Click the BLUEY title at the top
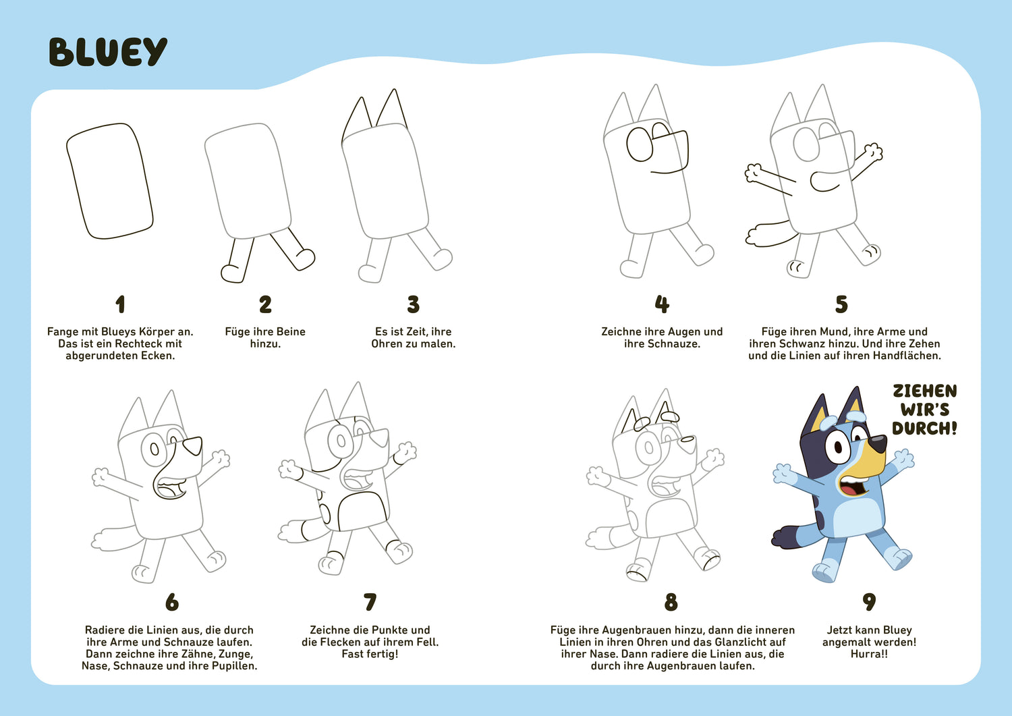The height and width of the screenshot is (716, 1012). (x=108, y=53)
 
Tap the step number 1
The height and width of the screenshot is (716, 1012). (x=120, y=304)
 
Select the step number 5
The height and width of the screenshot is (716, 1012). (x=841, y=304)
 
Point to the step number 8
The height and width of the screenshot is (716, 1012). (x=671, y=602)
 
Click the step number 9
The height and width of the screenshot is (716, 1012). (x=869, y=602)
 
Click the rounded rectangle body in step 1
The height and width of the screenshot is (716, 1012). (x=110, y=181)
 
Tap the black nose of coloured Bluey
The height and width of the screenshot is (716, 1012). (x=878, y=443)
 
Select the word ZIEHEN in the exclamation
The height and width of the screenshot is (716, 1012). (x=925, y=391)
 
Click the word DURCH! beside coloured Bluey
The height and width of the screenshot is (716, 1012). (x=924, y=429)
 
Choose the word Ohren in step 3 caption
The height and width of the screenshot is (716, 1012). (x=387, y=343)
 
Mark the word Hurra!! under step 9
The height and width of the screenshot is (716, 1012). (x=869, y=654)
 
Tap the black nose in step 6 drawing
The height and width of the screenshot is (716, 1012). (x=193, y=445)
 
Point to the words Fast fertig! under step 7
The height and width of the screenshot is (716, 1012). (x=370, y=654)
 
